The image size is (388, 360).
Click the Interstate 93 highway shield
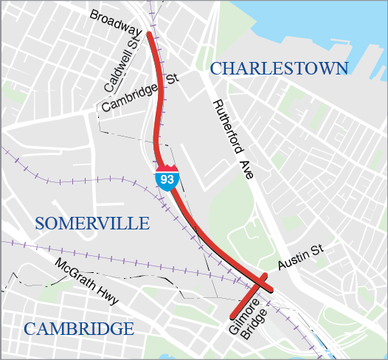pos(165,178)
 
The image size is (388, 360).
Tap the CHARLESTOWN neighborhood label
pos(279,69)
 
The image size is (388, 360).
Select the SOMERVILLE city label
pos(92,224)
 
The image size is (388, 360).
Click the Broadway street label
pos(117,23)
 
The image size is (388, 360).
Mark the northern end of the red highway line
pos(150,34)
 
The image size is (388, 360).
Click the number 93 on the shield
pos(165,179)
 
